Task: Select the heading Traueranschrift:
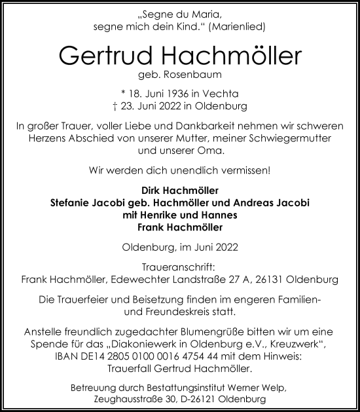tap(180, 268)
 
